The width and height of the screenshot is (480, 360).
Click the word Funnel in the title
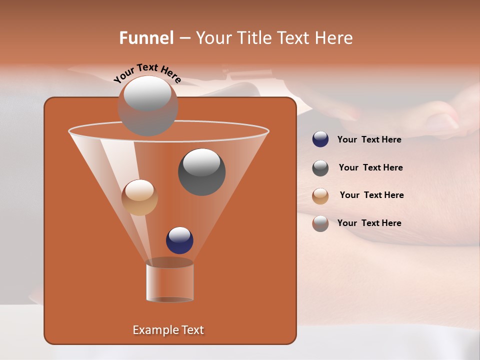click(146, 38)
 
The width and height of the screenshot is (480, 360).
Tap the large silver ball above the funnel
click(147, 105)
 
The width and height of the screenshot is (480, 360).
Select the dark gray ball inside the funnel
click(201, 172)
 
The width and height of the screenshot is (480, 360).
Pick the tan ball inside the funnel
click(139, 197)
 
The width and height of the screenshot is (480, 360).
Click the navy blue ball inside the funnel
click(179, 240)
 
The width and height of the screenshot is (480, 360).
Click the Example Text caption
click(168, 330)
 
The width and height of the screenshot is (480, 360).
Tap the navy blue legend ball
click(320, 139)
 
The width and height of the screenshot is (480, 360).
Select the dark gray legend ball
click(320, 168)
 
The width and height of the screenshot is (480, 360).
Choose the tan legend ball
click(320, 196)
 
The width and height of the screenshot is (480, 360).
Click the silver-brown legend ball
click(320, 223)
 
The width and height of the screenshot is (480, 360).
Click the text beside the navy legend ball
click(369, 139)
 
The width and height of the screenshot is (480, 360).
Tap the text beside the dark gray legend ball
click(370, 167)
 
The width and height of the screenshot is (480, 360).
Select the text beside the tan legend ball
click(371, 195)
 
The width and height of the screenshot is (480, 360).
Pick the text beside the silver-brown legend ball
click(369, 223)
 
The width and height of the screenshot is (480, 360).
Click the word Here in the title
click(334, 38)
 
